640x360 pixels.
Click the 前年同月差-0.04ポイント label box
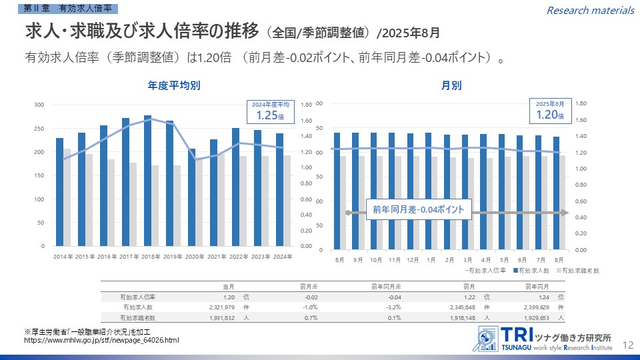click(419, 209)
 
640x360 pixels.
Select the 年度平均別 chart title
click(174, 85)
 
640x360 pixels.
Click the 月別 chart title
click(451, 85)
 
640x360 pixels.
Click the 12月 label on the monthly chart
click(413, 259)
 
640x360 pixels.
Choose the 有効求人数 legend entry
click(532, 271)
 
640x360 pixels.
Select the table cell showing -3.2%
click(393, 307)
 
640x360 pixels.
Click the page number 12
click(627, 345)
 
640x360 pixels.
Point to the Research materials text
click(591, 10)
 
